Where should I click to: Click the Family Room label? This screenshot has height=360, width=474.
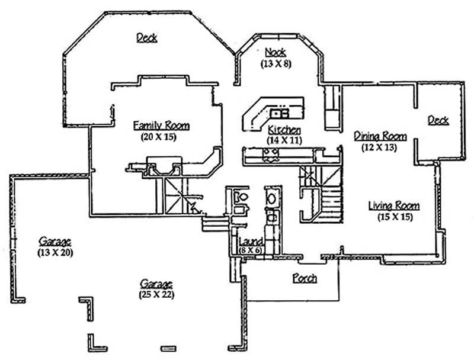point(161,126)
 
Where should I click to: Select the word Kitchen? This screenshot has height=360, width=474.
point(284,130)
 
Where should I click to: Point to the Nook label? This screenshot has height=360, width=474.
point(276,52)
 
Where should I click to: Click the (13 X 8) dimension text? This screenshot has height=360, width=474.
point(276,63)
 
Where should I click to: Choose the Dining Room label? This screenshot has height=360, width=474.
point(380,136)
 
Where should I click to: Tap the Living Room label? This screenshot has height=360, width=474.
point(394,206)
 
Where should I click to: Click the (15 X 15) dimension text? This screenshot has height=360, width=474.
point(395,217)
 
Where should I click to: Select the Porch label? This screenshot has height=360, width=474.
point(305,278)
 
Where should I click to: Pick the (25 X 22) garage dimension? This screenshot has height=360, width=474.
point(156,294)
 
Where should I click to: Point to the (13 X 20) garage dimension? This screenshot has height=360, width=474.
point(55,252)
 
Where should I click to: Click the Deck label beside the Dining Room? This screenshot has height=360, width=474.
point(438,121)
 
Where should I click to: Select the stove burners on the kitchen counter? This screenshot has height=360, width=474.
point(271,155)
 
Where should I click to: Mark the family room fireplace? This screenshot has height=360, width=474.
point(164,166)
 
